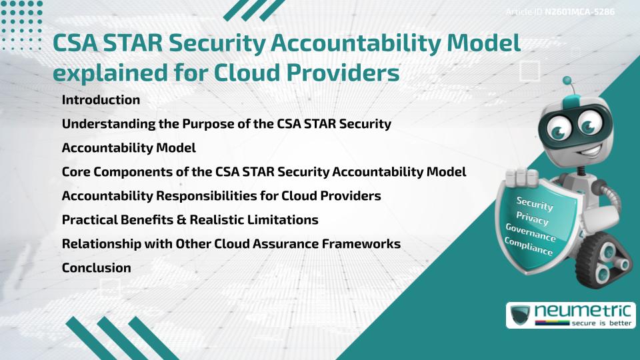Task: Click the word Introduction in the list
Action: pos(101,100)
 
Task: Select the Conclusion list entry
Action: pos(96,267)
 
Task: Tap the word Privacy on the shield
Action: pos(532,218)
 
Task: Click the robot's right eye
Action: pos(589,125)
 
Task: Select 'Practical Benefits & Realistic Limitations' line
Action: pos(190,219)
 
